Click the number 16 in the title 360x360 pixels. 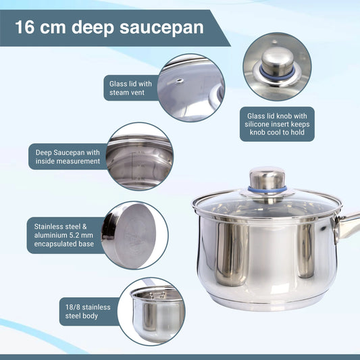pos(25,27)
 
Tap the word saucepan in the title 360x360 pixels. pos(161,28)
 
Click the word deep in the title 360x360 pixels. pos(93,28)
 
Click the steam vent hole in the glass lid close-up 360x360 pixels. pos(179,80)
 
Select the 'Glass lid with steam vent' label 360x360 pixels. pos(130,88)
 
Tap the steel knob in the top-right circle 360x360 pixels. pos(278,61)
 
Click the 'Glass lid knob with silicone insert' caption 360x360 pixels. pos(277,124)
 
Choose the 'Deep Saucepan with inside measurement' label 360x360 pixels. pos(68,157)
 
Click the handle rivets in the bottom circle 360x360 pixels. pos(157,294)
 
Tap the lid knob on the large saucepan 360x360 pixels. pos(267,178)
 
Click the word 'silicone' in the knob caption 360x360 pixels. pos(257,124)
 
